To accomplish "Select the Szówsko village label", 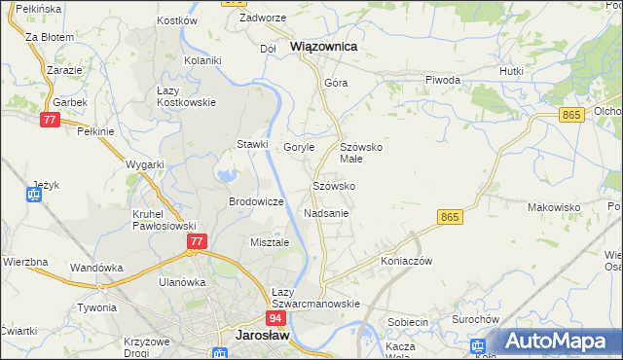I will click(x=333, y=185).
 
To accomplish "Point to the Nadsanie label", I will click(x=326, y=212).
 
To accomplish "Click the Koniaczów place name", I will click(x=406, y=261).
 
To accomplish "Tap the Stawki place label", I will click(x=252, y=145).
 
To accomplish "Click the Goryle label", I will click(x=299, y=147).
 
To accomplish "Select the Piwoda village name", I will click(x=442, y=81).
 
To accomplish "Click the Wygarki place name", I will click(x=145, y=164).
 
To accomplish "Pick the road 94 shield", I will click(x=275, y=318).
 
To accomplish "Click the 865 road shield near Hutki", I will click(x=571, y=115).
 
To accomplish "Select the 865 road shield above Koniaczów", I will click(x=449, y=217).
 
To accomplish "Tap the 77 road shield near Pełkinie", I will click(x=51, y=120).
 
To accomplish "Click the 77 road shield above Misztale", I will click(x=197, y=241).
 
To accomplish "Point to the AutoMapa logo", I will click(x=559, y=341).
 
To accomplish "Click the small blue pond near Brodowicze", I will click(x=227, y=176).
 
